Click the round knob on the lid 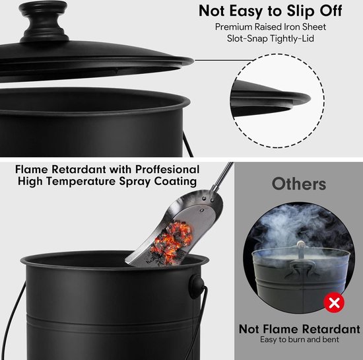pyautogui.click(x=44, y=21)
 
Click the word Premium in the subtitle pyautogui.click(x=234, y=27)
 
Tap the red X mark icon pyautogui.click(x=334, y=303)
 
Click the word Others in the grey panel pyautogui.click(x=299, y=184)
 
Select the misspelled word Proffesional pyautogui.click(x=167, y=169)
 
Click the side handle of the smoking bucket pyautogui.click(x=298, y=268)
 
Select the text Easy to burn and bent pyautogui.click(x=300, y=340)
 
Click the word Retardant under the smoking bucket pyautogui.click(x=331, y=329)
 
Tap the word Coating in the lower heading pyautogui.click(x=176, y=181)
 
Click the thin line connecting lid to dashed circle pyautogui.click(x=224, y=60)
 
